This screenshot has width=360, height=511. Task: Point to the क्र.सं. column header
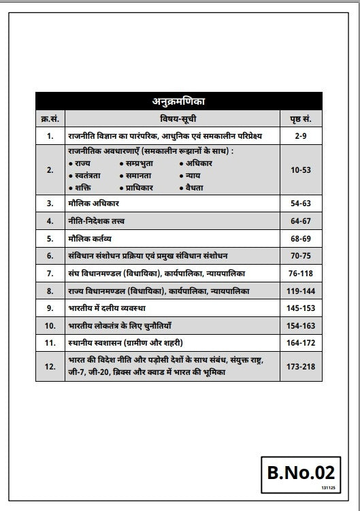click(49, 118)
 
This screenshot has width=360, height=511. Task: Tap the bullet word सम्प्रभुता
click(142, 164)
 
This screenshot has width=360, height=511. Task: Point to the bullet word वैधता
click(195, 186)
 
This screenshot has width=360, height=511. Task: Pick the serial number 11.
click(49, 342)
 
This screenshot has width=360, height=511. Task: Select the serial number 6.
click(49, 256)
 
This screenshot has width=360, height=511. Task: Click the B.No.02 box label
click(299, 471)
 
